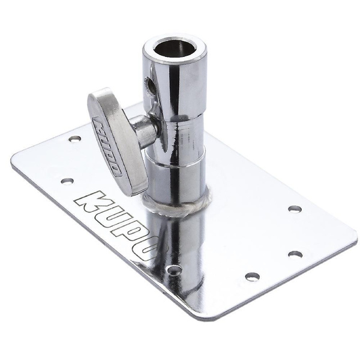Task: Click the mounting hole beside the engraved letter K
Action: click(x=67, y=181)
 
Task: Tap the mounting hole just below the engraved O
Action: click(x=174, y=271)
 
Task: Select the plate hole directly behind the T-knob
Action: click(x=74, y=139)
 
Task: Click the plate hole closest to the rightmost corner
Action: click(x=295, y=209)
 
